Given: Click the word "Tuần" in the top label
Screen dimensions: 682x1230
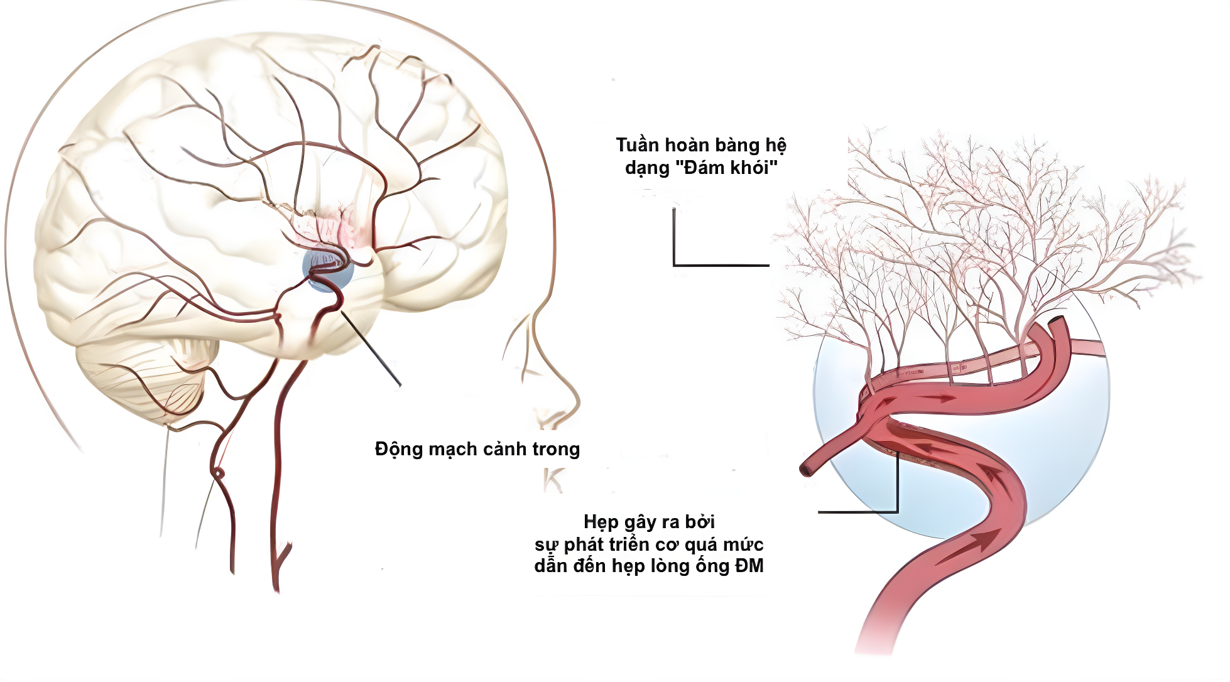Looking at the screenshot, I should coord(638,145).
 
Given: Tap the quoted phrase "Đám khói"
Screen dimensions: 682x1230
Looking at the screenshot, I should coord(730,168).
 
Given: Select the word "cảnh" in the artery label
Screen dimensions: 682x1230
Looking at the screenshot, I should coord(504,449).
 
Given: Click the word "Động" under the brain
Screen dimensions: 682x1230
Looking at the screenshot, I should coord(399,449).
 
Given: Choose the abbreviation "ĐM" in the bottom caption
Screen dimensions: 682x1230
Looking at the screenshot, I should coord(749,566).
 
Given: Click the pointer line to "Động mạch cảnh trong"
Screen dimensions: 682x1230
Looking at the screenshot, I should coord(371,349).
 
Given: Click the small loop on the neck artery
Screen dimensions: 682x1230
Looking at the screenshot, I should coord(218,472).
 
